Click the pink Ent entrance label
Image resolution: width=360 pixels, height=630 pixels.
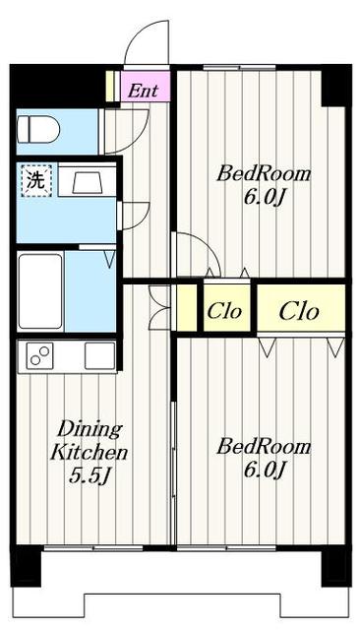pos(143,91)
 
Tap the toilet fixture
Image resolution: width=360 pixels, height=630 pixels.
pos(38,129)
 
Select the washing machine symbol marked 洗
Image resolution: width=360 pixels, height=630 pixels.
pos(36,181)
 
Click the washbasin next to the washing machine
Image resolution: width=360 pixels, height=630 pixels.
pos(88,179)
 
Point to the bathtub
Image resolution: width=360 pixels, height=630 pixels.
pos(40,291)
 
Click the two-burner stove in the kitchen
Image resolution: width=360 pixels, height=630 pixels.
pos(39,356)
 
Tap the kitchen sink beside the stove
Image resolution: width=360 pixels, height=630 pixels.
pos(99,356)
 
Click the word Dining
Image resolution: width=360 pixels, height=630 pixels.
pos(90,430)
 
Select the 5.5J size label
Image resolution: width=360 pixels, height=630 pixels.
pos(90,476)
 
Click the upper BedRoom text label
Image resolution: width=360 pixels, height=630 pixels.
pos(264,174)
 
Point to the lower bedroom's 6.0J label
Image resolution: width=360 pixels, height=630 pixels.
pos(264,470)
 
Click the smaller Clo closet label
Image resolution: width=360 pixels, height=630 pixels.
pos(224,311)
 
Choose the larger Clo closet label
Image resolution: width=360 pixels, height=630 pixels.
pos(299,311)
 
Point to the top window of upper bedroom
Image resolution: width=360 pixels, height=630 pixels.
pos(239,67)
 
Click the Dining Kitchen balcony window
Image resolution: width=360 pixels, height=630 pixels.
pos(93,548)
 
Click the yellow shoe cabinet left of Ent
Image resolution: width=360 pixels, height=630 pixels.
pos(110,86)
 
